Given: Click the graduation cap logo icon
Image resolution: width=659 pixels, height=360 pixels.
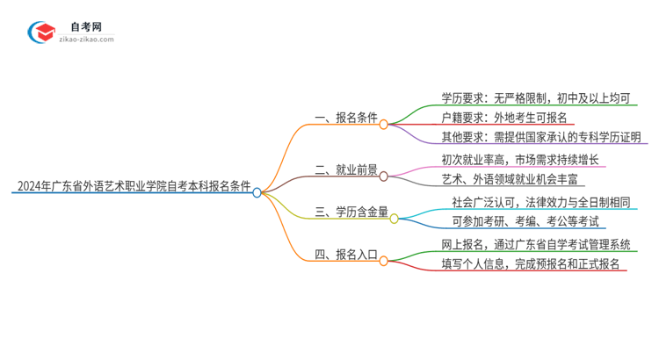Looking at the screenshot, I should (x=40, y=32).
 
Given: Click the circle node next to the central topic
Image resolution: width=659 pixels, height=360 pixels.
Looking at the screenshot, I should (x=257, y=191).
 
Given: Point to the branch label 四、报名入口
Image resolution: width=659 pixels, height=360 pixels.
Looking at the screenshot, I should (x=344, y=255).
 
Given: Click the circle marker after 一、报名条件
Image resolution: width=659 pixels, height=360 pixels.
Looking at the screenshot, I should (x=383, y=125).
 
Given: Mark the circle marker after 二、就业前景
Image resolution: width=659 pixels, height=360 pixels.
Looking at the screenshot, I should (x=384, y=176).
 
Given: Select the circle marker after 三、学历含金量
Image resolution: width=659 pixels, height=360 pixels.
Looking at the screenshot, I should (x=395, y=218).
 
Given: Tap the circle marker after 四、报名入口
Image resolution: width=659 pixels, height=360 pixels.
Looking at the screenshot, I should (x=384, y=261).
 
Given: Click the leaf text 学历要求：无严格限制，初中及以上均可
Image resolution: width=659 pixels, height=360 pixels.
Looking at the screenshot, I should (x=535, y=97).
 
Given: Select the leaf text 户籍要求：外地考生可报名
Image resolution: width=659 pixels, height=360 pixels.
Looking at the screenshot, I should (x=504, y=117).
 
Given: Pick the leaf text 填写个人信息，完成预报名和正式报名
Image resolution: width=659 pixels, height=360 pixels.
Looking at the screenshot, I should (x=532, y=263).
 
